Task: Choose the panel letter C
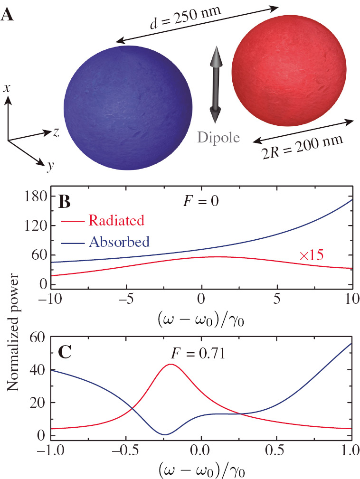[64, 351]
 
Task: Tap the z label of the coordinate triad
[56, 132]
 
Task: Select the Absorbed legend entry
[119, 242]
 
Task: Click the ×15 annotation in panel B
[311, 255]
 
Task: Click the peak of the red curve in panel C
[170, 364]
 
